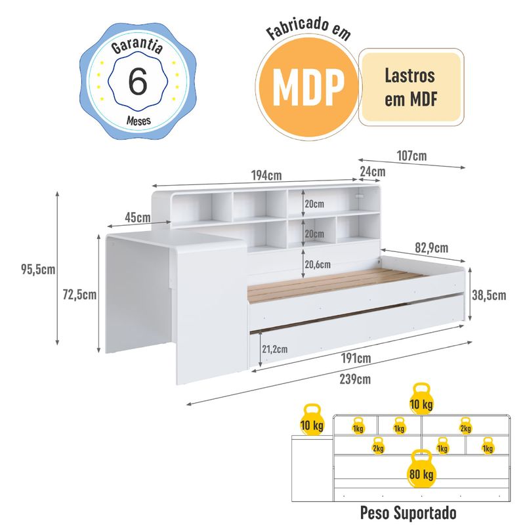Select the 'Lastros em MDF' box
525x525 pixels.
click(x=409, y=87)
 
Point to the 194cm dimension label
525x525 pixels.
click(x=266, y=175)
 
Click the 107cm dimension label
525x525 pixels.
click(x=412, y=156)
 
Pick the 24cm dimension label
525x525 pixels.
click(x=372, y=172)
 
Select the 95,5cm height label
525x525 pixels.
click(x=34, y=269)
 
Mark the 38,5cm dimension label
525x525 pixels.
click(x=490, y=295)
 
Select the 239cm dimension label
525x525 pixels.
click(x=354, y=379)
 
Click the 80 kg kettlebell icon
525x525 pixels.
click(x=421, y=471)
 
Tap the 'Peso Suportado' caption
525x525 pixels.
click(x=407, y=512)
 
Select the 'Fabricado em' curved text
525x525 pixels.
click(x=308, y=32)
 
